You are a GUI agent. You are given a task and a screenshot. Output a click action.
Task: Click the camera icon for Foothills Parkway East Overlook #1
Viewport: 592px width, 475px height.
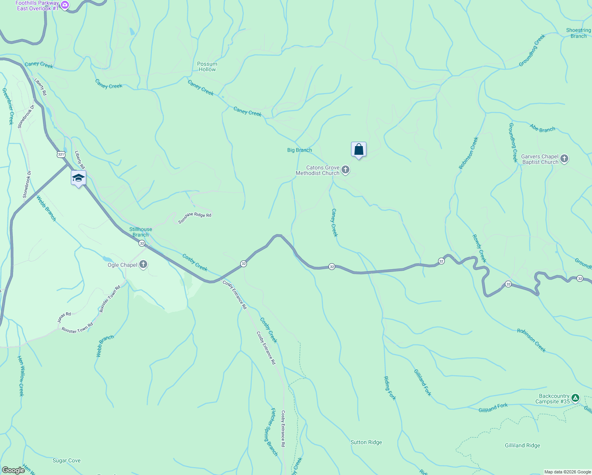[x=65, y=6]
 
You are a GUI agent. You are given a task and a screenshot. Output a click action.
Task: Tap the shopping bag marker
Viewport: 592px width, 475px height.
[x=359, y=150]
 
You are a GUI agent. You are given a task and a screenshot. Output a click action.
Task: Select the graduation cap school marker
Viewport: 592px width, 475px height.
[x=78, y=178]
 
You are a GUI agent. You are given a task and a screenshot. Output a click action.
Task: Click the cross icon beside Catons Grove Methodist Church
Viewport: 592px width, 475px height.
[x=345, y=170]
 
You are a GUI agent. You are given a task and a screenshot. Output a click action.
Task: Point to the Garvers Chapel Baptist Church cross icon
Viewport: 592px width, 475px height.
[x=564, y=159]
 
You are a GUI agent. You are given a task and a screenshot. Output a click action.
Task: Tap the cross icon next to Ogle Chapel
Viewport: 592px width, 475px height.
[x=143, y=265]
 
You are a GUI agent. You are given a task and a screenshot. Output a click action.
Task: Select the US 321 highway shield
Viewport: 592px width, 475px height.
[x=61, y=154]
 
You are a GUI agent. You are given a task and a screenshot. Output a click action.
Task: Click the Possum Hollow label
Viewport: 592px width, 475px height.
[x=207, y=66]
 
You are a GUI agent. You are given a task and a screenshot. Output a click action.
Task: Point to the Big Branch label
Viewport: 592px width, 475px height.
[x=300, y=150]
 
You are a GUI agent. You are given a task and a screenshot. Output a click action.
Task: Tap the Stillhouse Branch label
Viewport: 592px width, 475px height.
[x=140, y=232]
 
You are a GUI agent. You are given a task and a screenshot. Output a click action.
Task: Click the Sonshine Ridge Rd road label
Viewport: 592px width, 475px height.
[x=195, y=218]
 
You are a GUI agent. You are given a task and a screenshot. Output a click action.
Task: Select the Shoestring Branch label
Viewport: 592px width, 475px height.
[x=578, y=33]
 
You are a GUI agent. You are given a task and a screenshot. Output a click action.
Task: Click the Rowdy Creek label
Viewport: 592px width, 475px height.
[x=479, y=249]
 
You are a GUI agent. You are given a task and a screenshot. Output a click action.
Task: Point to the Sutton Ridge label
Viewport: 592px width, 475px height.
[x=366, y=442]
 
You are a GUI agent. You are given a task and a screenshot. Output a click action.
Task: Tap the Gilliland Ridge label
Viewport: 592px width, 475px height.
[x=522, y=445]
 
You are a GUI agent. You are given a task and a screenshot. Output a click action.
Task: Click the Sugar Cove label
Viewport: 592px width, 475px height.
[x=66, y=460]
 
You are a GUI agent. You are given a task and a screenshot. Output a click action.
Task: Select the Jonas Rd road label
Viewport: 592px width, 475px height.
[x=64, y=317]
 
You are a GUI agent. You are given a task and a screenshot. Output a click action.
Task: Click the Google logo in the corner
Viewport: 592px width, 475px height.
[x=13, y=470]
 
